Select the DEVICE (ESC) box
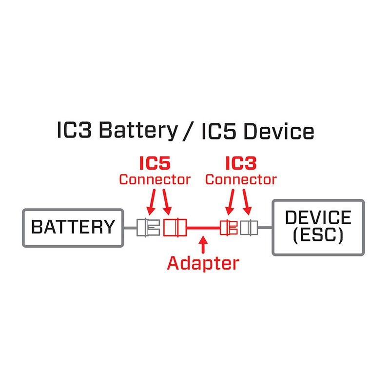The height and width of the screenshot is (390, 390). pyautogui.click(x=318, y=227)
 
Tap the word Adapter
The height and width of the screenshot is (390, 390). pyautogui.click(x=203, y=263)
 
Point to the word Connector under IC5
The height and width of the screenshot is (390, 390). pyautogui.click(x=155, y=179)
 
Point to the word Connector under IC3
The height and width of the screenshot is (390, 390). pyautogui.click(x=241, y=179)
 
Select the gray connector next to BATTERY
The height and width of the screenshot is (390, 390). pyautogui.click(x=148, y=227)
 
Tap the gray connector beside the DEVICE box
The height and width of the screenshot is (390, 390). pyautogui.click(x=249, y=227)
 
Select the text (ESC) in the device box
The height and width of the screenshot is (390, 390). pyautogui.click(x=318, y=236)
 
